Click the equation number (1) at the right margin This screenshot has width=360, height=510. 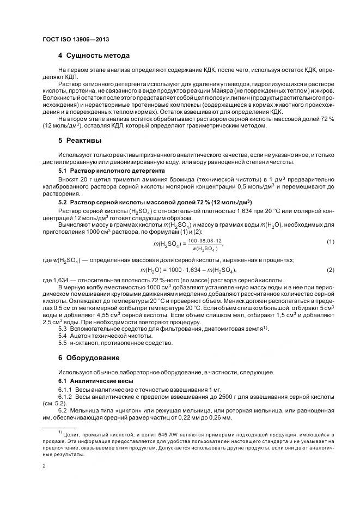(x=331, y=226)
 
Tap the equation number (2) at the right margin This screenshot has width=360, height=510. (x=331, y=254)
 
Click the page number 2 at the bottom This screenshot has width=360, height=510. (x=44, y=466)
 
